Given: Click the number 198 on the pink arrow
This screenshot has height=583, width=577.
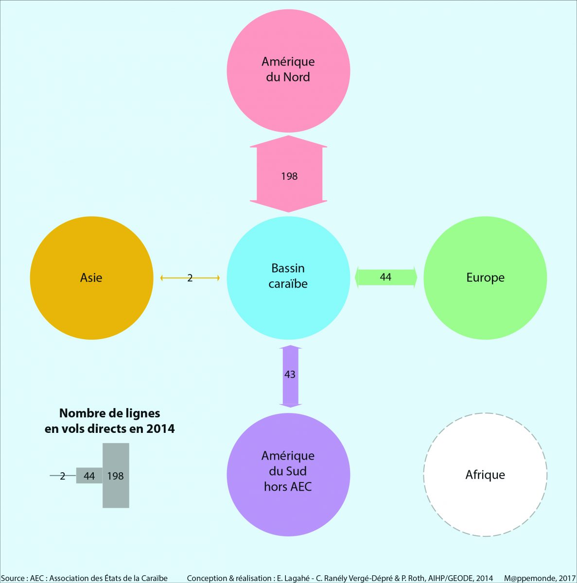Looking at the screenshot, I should click(289, 176).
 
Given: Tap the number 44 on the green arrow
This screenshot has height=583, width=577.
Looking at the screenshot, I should click(385, 277).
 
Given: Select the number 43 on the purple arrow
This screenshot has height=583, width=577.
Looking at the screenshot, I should click(290, 375).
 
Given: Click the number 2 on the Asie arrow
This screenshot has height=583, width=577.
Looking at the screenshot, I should click(190, 278).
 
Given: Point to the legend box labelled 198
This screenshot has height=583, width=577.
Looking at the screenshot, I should click(116, 476).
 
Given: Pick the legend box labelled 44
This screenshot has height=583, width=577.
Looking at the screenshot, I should click(89, 476).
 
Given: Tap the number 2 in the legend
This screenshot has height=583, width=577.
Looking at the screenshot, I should click(62, 476).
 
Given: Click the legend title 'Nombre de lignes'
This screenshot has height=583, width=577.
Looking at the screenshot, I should click(109, 413).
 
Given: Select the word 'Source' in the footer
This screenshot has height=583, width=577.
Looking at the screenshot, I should click(13, 578).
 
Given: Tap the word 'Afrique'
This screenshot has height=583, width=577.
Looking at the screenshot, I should click(485, 475).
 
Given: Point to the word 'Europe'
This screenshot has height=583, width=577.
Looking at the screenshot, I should click(485, 277).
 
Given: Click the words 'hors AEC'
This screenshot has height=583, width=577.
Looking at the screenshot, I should click(288, 486).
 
